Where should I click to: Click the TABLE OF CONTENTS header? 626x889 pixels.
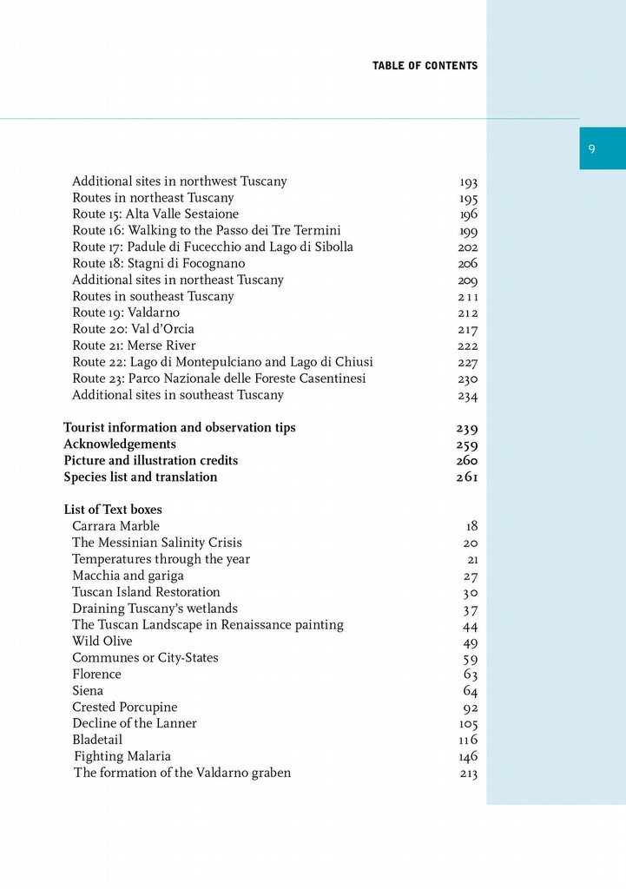pos(425,66)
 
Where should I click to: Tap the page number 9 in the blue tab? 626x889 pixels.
pos(591,148)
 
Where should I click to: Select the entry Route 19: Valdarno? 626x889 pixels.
pos(126,313)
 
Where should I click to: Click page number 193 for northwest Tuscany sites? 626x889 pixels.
pos(469,182)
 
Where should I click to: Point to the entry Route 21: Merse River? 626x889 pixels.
pos(134,346)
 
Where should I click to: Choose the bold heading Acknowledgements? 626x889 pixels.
pos(120,444)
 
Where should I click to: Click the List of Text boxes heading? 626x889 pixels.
pos(113,510)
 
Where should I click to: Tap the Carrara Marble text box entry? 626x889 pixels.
pos(115,526)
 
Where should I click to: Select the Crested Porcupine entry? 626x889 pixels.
pos(124,708)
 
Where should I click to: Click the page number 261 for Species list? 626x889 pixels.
pos(467,477)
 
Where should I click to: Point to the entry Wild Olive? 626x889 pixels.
pos(102,642)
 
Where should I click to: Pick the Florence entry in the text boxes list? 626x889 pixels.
pos(96,675)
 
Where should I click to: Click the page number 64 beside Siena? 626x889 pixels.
pos(471,691)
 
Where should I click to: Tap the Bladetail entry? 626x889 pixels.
pos(97,741)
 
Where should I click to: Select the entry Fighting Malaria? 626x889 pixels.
pos(122,757)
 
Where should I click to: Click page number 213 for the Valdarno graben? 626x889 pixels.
pos(469,774)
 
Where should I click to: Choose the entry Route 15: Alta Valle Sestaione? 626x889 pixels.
pos(155,214)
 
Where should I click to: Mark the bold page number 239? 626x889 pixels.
pos(467,428)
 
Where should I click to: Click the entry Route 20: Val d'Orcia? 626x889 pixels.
pos(133,329)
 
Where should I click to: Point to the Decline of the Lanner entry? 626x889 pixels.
pos(135,724)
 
